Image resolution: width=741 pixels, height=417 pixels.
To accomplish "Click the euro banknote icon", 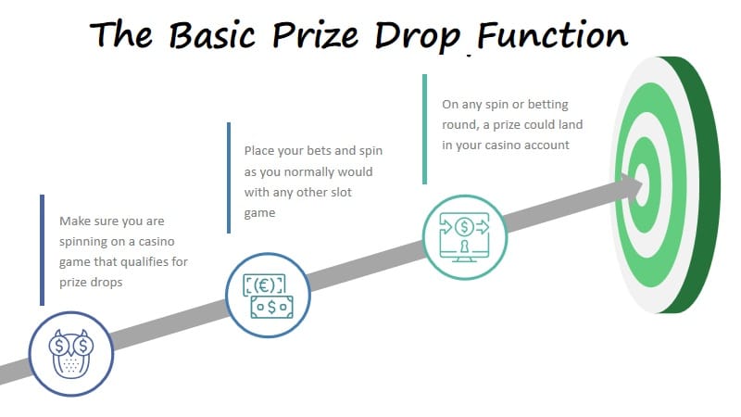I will click(x=267, y=295).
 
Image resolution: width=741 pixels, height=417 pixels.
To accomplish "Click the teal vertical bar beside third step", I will click(x=424, y=130).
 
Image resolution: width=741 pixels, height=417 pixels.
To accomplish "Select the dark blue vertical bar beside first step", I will click(x=42, y=250).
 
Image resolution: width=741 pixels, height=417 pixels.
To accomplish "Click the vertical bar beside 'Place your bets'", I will click(x=228, y=178).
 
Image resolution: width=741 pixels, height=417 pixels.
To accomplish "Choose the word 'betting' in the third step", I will click(x=545, y=104).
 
